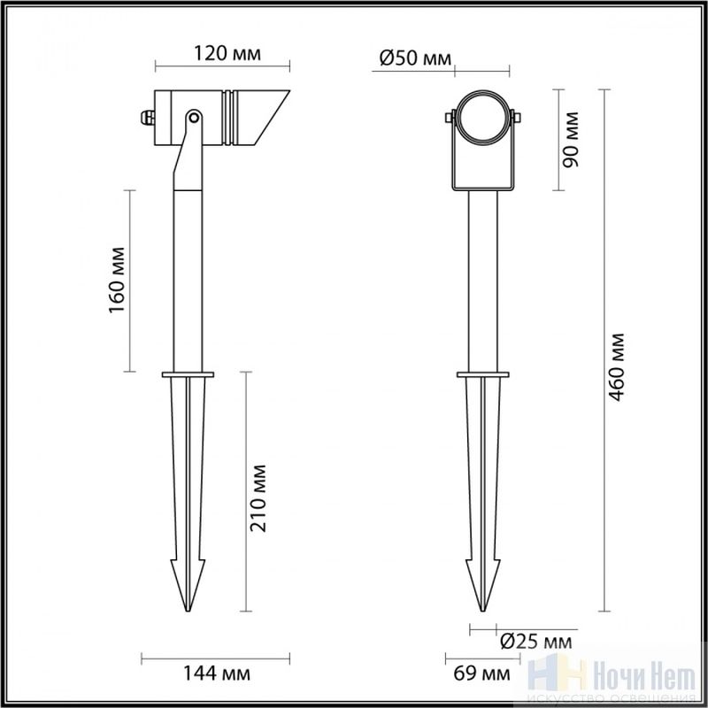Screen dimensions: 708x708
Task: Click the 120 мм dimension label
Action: (x=227, y=53)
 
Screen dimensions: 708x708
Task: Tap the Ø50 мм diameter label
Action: (x=415, y=58)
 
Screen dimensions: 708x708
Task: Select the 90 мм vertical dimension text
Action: (x=570, y=140)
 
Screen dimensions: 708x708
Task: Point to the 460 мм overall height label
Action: (x=615, y=367)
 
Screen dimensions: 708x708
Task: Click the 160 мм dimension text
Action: (x=117, y=280)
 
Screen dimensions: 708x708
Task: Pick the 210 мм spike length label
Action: (x=258, y=498)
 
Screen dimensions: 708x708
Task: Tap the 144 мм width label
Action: (x=216, y=673)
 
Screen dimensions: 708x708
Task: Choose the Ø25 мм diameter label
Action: (x=536, y=641)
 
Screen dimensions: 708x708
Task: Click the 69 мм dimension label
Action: (x=482, y=673)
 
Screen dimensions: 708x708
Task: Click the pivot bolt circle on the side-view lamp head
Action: (x=194, y=118)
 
